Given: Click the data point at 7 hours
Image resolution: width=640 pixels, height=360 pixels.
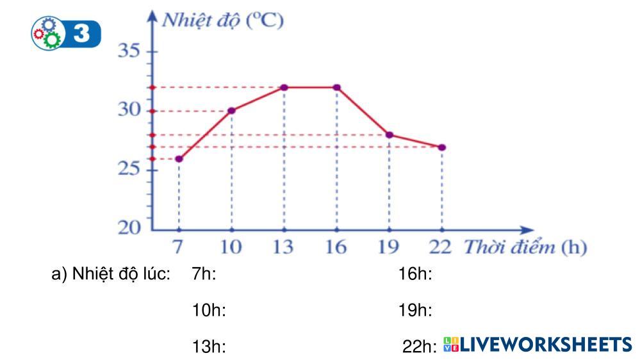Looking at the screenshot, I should coord(179,159).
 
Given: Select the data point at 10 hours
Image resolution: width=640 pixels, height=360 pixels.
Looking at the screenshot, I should coord(231,111).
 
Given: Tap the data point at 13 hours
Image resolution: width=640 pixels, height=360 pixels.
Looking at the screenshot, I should coord(284,87).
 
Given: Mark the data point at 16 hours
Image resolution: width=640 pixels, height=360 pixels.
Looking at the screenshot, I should coord(337,87).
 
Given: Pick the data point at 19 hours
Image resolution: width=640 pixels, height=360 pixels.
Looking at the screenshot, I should coord(390,135).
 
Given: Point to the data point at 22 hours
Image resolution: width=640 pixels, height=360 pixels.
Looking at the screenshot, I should coord(442,147).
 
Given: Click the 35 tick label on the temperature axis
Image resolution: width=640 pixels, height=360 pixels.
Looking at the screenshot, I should coord(129,51).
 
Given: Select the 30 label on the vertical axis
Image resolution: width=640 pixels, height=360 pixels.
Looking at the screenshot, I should coord(129,110).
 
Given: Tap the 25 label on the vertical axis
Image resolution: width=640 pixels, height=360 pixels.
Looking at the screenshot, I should coord(129,170).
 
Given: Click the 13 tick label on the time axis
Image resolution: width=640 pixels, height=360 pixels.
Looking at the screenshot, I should coord(284,247).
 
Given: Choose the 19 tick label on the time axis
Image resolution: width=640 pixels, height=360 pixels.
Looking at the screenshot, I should coord(390,247).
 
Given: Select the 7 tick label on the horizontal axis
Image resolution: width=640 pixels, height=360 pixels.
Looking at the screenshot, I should coord(179,247).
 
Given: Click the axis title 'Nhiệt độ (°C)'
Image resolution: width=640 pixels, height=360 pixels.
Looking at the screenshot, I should coord(222,19).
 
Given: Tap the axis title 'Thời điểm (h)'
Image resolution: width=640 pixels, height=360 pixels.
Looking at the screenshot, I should coord(525,247).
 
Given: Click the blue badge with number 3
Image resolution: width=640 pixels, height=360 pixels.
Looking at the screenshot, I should coord(67,33).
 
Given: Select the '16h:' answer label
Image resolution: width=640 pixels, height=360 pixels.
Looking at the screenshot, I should coord(415,275).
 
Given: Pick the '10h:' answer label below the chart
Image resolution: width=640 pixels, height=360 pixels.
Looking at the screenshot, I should coord(209,311).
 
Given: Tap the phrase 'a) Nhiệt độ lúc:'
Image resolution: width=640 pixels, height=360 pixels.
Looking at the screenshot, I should coord(110,275).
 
